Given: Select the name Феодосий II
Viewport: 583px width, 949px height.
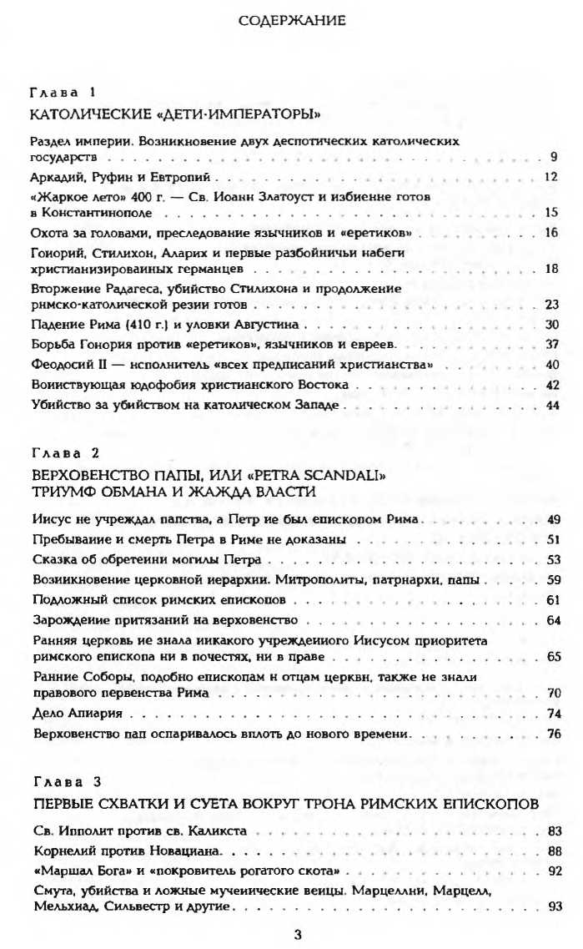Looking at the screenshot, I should (x=68, y=365).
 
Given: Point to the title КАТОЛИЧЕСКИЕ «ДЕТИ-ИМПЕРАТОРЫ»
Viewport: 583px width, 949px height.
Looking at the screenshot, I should (x=175, y=111).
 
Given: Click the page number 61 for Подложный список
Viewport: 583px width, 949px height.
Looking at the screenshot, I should (x=551, y=599).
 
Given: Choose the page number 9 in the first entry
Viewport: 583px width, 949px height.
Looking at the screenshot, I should (x=554, y=156).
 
